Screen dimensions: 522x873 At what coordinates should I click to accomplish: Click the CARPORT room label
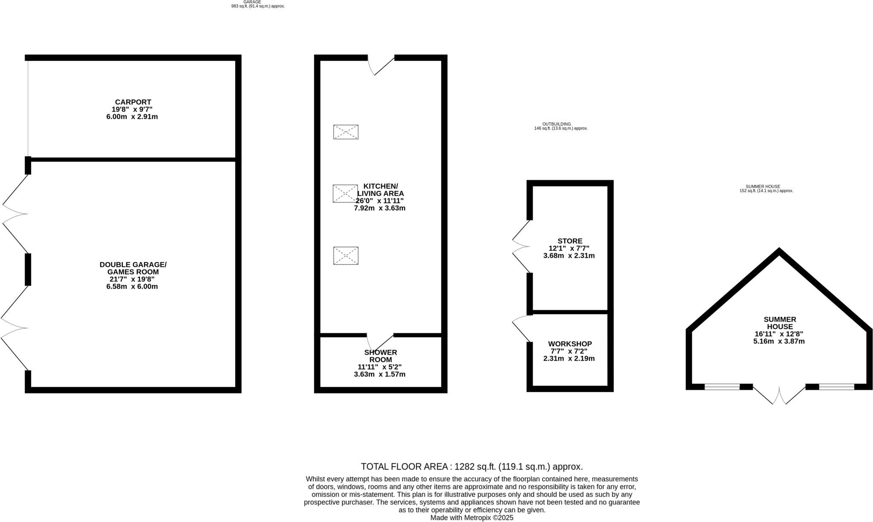[x=133, y=102]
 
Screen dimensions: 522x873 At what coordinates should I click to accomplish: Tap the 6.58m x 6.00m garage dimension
[x=132, y=287]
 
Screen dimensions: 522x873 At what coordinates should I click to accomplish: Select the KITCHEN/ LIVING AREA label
[x=380, y=190]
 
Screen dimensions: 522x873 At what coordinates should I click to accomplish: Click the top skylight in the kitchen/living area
[x=346, y=132]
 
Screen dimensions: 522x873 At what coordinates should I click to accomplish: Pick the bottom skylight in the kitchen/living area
[x=346, y=256]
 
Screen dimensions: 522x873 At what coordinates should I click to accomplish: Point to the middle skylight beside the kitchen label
[x=345, y=194]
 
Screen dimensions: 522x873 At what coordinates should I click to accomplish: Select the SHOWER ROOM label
[x=380, y=356]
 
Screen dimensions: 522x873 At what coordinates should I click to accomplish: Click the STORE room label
[x=569, y=241]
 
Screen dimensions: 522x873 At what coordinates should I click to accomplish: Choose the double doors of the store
[x=520, y=247]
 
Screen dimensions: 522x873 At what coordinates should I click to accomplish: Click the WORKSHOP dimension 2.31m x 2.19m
[x=569, y=359]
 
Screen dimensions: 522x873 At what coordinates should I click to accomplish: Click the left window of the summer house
[x=722, y=387]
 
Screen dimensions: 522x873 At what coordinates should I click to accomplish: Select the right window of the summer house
[x=836, y=387]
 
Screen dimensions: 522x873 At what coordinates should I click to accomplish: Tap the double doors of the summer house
[x=779, y=395]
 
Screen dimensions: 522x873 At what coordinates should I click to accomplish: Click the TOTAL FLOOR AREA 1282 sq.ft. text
[x=471, y=466]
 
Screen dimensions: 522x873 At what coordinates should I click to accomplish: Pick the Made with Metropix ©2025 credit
[x=471, y=518]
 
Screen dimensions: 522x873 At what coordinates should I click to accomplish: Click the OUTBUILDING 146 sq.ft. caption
[x=561, y=126]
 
